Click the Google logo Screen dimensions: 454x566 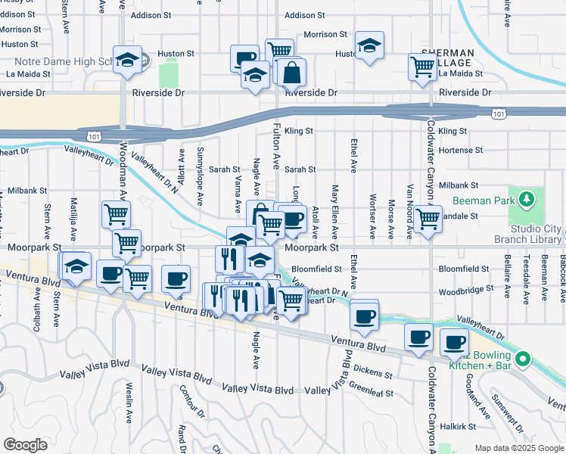click(25, 445)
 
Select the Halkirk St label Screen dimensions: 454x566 click(461, 426)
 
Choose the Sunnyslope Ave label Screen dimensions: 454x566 click(201, 186)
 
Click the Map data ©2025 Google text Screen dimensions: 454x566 click(518, 448)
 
